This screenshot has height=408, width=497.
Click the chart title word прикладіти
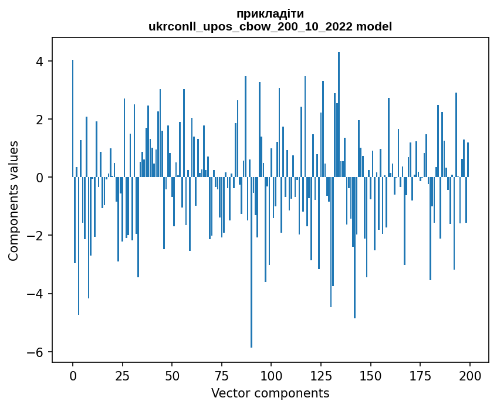click(270, 13)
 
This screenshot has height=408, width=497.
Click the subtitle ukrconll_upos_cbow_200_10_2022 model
click(270, 26)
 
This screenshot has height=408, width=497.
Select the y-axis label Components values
click(13, 200)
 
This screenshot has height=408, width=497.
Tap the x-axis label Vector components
click(270, 393)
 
